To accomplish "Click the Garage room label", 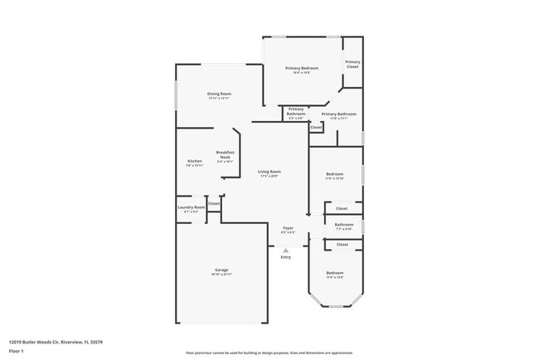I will click(221, 270).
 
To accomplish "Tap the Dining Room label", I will click(219, 94).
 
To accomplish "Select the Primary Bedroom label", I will click(302, 68).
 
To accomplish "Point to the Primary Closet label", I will click(352, 64).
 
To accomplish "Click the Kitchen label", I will click(194, 160).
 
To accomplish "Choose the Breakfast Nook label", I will click(226, 153).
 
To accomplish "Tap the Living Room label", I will click(269, 172).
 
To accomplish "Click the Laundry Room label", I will click(192, 207).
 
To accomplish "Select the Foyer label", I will click(288, 227).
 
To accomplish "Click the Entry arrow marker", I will click(286, 249).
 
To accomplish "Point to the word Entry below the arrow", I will click(286, 257).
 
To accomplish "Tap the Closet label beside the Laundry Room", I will click(213, 203).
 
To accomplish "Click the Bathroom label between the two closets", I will click(344, 225).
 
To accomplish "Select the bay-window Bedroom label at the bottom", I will click(334, 273).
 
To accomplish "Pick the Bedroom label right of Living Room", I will click(334, 173).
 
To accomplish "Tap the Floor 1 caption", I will click(17, 350).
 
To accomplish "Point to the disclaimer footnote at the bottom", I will click(269, 353).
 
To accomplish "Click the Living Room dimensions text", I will click(269, 176).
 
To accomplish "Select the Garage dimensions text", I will click(221, 275).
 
